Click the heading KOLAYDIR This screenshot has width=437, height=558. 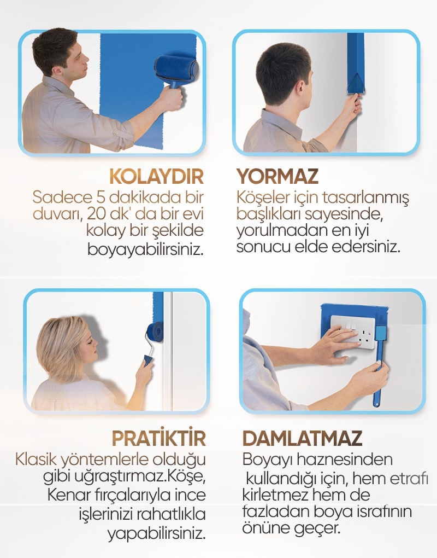pos(156,176)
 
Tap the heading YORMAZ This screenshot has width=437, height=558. pos(277,176)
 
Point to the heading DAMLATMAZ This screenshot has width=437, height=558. pos(302,438)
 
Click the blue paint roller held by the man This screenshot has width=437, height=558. pos(176,71)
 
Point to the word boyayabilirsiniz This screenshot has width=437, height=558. pos(146,249)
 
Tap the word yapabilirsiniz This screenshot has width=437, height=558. pos(157,533)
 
